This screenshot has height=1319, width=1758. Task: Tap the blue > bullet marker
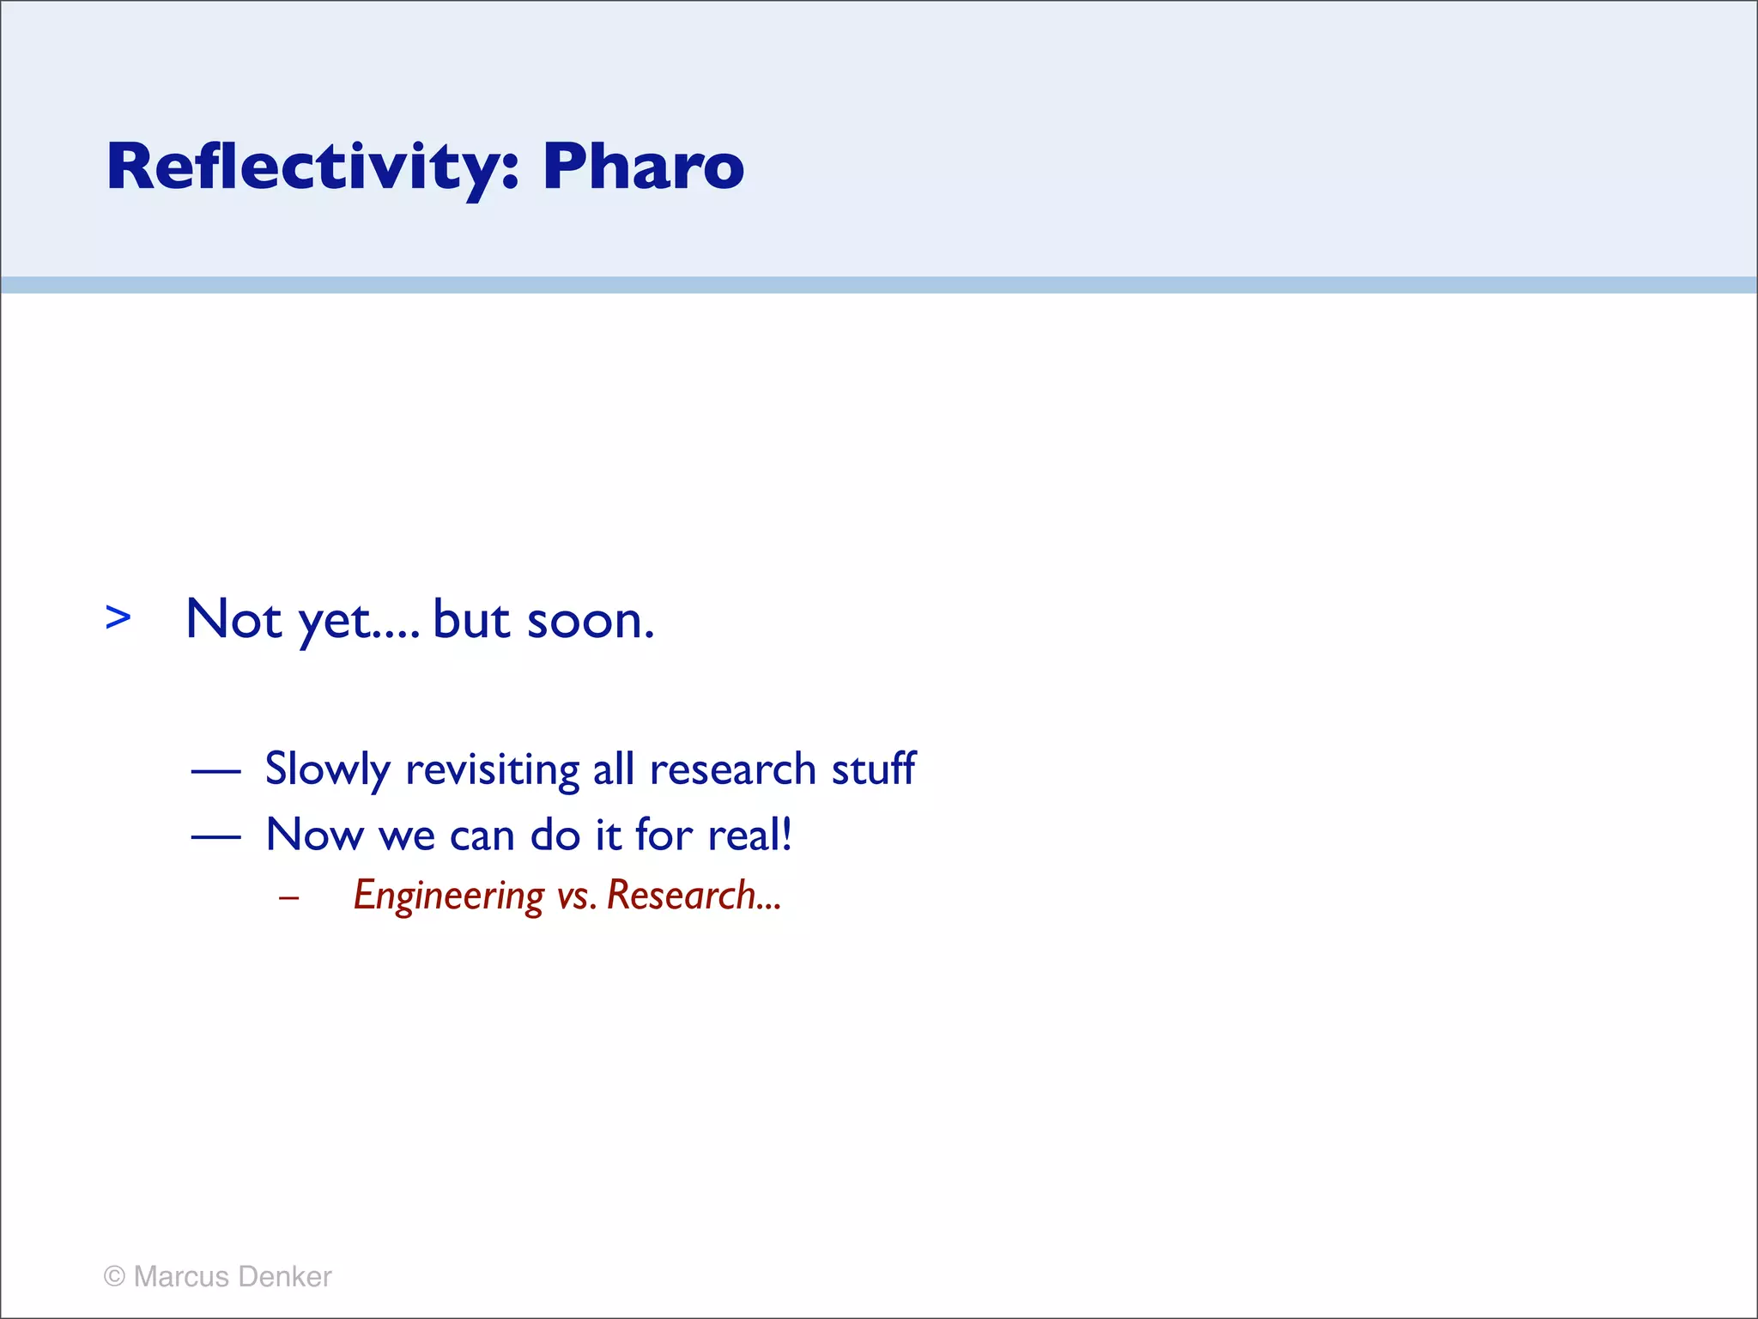point(118,617)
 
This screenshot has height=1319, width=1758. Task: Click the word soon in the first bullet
point(590,620)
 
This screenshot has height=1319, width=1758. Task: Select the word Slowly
point(328,769)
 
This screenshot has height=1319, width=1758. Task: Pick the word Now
point(314,835)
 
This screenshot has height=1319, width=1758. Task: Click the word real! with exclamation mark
point(749,834)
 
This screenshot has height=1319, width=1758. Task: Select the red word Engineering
point(449,896)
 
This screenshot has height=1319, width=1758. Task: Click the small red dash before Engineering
point(289,898)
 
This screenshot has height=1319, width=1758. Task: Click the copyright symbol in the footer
point(114,1277)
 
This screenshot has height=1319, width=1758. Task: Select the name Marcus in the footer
point(181,1277)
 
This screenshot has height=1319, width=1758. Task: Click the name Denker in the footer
point(285,1277)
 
